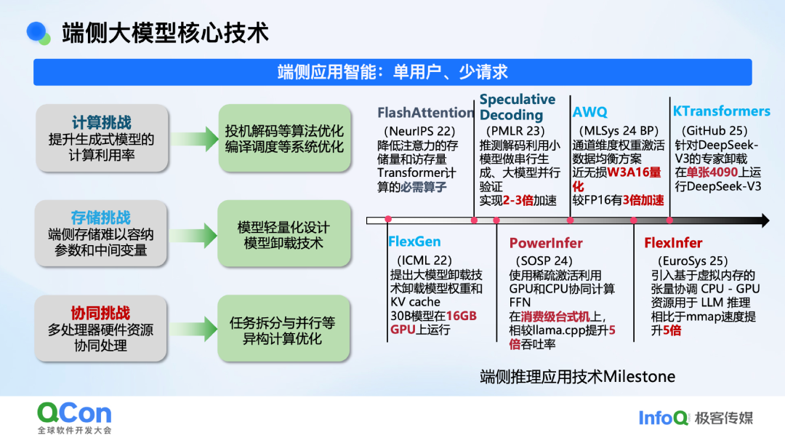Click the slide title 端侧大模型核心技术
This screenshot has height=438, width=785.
coord(166,33)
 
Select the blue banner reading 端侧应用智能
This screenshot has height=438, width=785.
coord(392,72)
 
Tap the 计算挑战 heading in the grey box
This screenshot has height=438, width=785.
coord(101,122)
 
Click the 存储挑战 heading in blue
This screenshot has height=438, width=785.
coord(101,218)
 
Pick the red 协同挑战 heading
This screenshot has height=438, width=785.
coord(101,313)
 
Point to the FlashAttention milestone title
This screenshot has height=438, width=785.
coord(426,113)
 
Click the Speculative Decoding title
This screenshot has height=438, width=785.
coord(517,107)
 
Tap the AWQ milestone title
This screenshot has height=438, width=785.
coord(589,113)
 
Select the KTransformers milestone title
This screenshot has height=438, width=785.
coord(721,111)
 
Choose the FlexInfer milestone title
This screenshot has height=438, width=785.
coord(673,243)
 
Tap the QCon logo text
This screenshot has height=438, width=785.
coord(75,414)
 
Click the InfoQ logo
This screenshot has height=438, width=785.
coord(664,417)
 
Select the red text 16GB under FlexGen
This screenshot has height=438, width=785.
coord(462,316)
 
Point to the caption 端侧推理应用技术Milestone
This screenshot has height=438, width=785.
coord(578,376)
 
